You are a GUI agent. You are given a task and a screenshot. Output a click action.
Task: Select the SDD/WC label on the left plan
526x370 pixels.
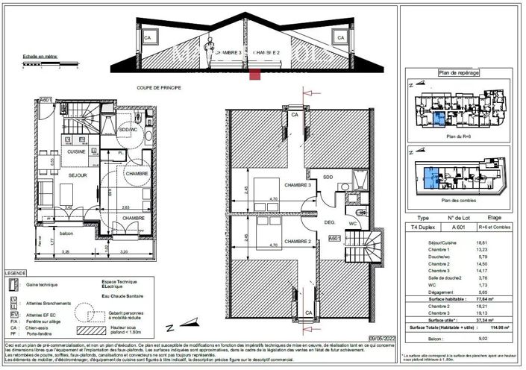[x=129, y=131]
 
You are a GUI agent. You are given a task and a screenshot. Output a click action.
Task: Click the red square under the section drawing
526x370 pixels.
[x=256, y=75]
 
